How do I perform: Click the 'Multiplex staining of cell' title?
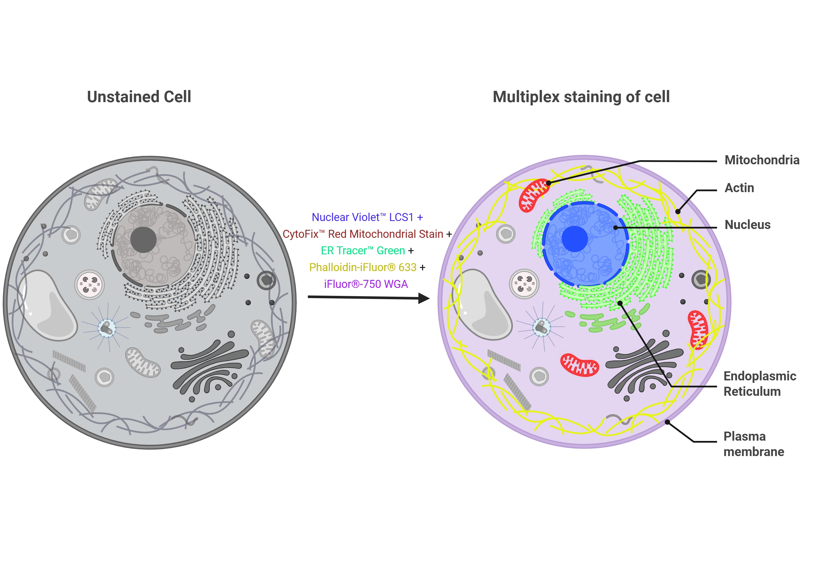(x=581, y=97)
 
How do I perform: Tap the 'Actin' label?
(x=739, y=188)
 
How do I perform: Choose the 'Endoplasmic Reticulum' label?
(x=759, y=383)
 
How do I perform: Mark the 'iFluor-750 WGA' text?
(x=366, y=284)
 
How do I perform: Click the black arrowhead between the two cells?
(x=424, y=298)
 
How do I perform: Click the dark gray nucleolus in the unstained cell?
(x=143, y=239)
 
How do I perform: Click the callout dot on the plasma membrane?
(x=667, y=422)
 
